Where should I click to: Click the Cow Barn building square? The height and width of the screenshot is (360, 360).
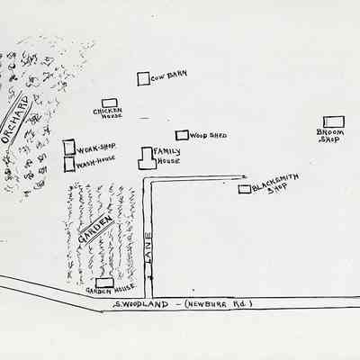(143, 79)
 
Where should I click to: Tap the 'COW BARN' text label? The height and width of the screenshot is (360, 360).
(169, 76)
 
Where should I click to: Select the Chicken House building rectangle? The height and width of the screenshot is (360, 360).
(109, 103)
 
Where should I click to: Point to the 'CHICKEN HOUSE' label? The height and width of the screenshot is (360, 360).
(107, 114)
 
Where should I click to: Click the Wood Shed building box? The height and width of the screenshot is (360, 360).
(182, 135)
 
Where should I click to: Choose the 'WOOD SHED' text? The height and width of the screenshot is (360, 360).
(209, 136)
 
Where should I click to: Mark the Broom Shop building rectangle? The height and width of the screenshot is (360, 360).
(334, 121)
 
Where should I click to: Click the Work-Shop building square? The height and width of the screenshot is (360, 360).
(69, 146)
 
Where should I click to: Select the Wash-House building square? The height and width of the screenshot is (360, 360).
(69, 165)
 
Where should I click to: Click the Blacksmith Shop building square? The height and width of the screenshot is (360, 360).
(244, 189)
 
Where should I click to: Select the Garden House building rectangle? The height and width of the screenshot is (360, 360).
(104, 283)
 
